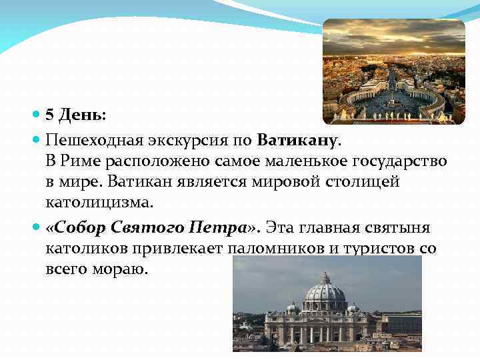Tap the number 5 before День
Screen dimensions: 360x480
click(x=49, y=114)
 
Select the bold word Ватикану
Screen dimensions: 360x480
click(x=298, y=141)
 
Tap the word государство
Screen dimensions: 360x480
click(x=398, y=161)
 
